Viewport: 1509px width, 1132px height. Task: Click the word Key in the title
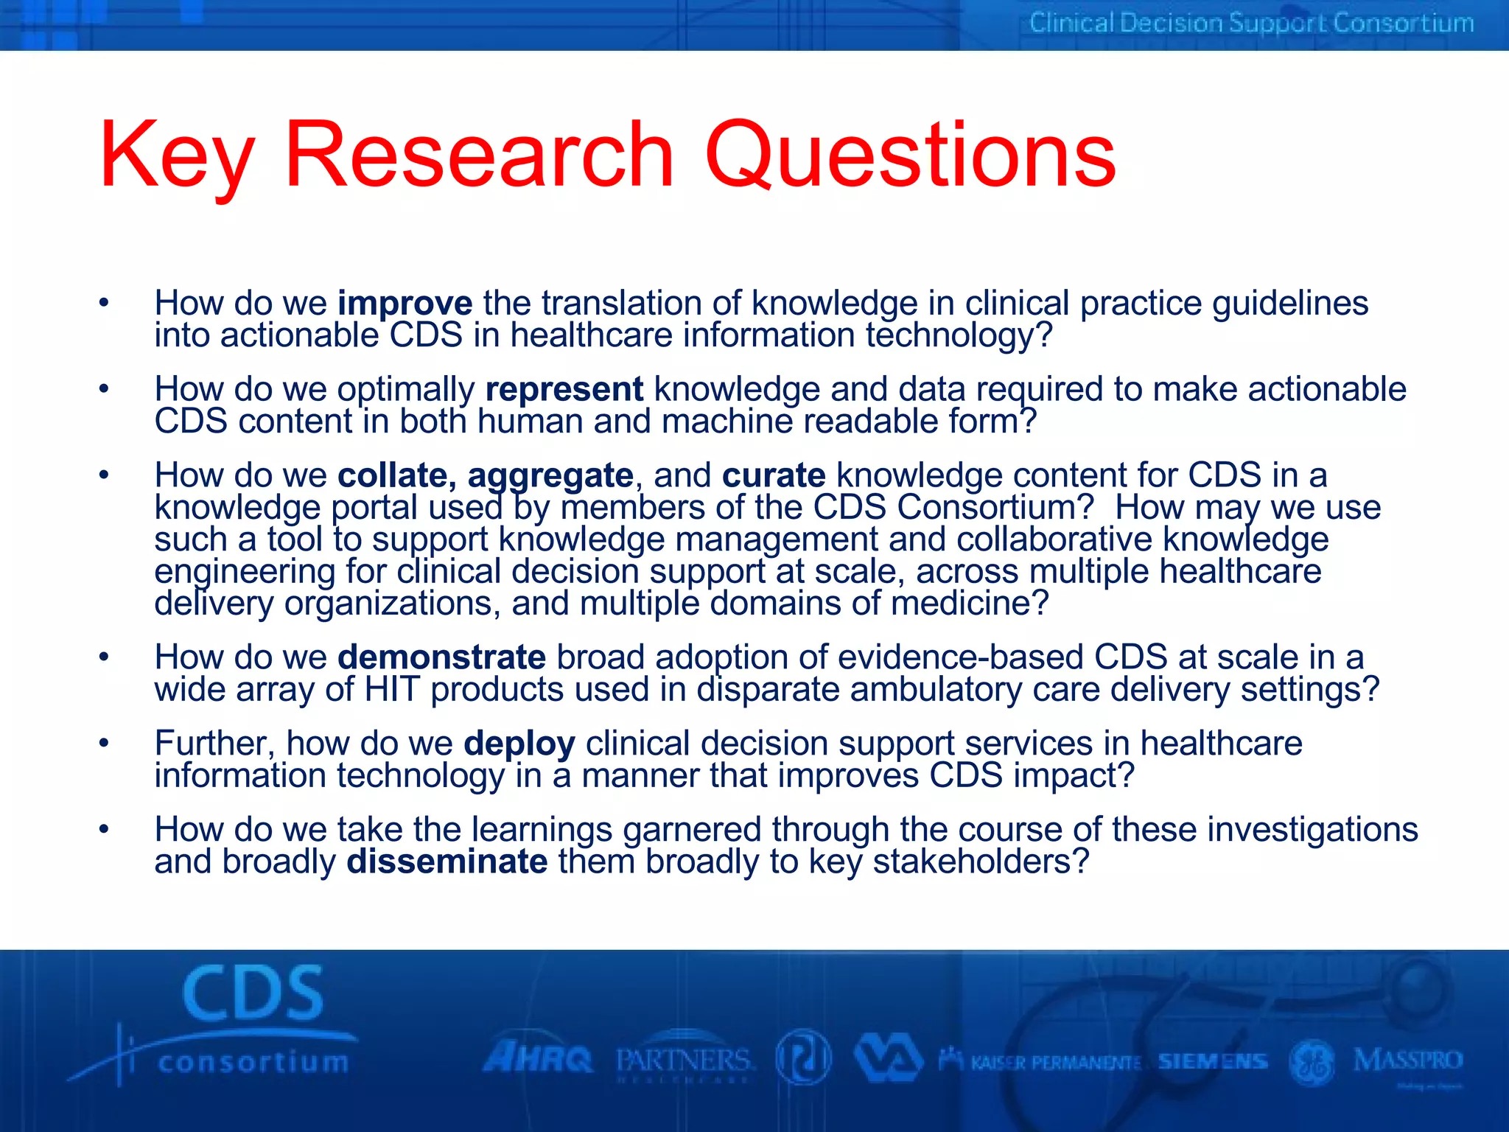click(x=177, y=156)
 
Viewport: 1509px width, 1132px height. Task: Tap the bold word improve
click(x=405, y=304)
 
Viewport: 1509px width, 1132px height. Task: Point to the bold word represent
click(x=564, y=389)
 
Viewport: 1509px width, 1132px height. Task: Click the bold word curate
click(x=774, y=475)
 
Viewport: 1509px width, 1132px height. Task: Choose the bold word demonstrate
click(x=442, y=657)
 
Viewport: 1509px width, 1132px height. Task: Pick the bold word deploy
click(x=519, y=744)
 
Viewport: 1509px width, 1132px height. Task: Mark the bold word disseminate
click(x=447, y=862)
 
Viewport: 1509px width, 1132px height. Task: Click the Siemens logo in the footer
click(x=1212, y=1061)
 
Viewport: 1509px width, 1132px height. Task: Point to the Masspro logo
click(x=1407, y=1061)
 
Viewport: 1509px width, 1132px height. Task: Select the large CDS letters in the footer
click(x=253, y=994)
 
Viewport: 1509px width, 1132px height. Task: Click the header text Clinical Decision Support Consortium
click(x=1251, y=24)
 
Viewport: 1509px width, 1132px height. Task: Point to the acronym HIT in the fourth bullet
click(x=392, y=690)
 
